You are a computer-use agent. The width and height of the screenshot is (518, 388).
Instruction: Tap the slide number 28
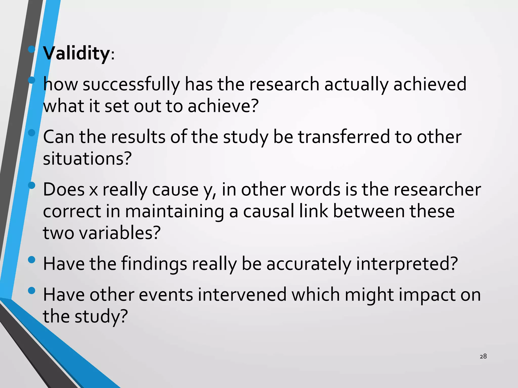tap(483, 356)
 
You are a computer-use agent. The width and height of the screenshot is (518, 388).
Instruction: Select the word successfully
tap(131, 84)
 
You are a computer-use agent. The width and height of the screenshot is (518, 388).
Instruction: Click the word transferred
tap(344, 137)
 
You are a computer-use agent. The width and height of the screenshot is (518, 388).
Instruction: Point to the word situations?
tap(88, 159)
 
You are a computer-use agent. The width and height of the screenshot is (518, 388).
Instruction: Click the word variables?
tap(120, 233)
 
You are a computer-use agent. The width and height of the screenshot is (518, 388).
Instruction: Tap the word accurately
tap(309, 264)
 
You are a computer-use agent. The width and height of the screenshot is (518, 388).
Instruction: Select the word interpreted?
tap(407, 264)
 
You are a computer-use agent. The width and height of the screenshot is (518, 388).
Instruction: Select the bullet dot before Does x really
tap(32, 185)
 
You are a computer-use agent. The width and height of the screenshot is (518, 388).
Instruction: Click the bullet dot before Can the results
tap(32, 133)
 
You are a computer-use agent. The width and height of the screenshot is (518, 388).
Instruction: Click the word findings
tap(154, 264)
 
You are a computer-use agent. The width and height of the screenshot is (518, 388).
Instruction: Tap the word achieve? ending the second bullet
tap(223, 106)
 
